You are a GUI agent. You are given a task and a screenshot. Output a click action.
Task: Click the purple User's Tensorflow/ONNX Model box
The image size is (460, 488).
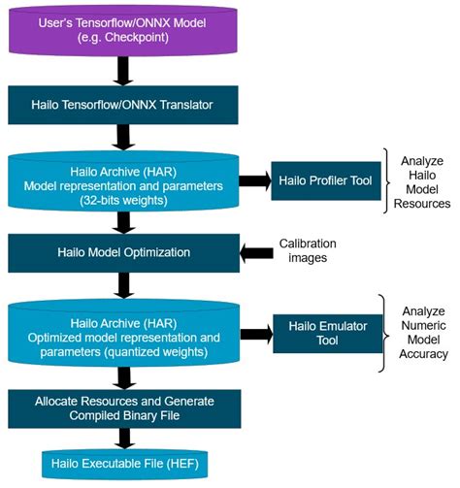120,29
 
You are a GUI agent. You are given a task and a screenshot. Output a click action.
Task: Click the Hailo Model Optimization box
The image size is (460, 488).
120,252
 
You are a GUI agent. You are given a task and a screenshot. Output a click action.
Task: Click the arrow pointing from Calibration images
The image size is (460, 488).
256,252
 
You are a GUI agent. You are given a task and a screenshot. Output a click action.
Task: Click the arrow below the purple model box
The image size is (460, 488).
120,68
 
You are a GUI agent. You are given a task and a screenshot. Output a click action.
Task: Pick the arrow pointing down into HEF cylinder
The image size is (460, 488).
120,439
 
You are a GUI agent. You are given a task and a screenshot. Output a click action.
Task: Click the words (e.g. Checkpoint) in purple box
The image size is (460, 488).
120,39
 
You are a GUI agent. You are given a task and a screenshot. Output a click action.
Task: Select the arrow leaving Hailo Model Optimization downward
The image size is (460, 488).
120,287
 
